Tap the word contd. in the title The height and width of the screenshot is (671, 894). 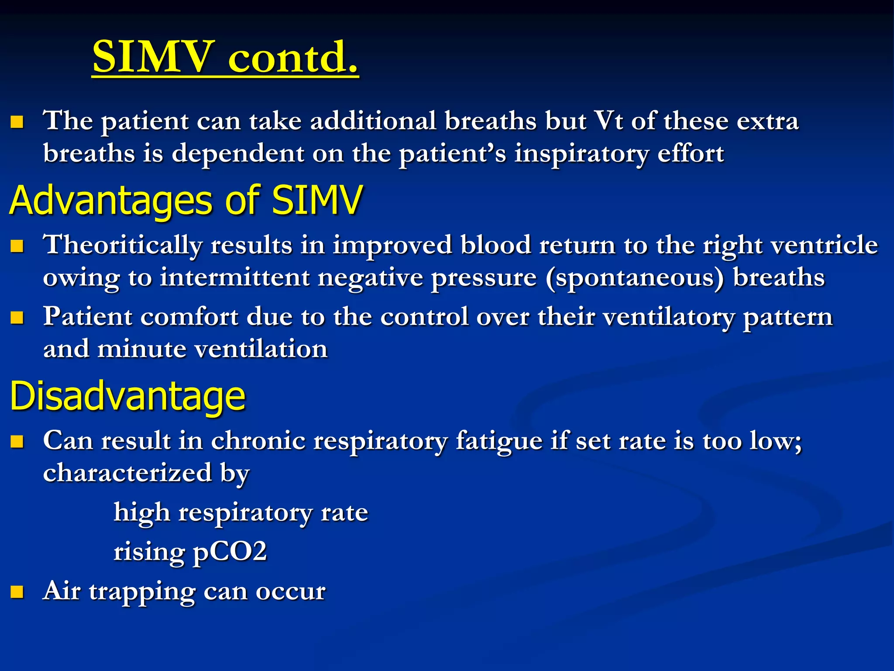[293, 57]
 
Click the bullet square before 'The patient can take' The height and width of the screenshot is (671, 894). [17, 122]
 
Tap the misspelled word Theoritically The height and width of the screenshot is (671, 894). [122, 246]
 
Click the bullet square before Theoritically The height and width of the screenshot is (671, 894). [17, 246]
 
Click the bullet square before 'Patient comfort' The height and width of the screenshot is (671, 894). [17, 318]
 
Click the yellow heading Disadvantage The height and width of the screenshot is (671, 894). [127, 396]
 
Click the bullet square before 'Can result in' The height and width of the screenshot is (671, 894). [17, 442]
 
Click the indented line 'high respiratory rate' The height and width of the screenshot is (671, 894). [241, 512]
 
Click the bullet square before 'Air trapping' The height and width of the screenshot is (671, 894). [17, 592]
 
